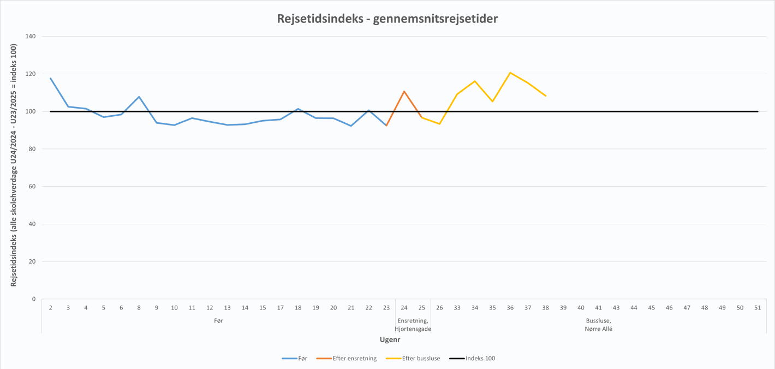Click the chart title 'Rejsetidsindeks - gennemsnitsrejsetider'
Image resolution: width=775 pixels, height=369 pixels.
(x=387, y=19)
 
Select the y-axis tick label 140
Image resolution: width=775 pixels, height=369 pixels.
(x=31, y=37)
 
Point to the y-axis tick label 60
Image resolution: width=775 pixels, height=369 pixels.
(x=32, y=187)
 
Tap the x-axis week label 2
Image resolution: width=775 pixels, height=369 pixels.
(x=50, y=308)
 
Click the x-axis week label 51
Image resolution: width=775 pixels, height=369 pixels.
(x=758, y=308)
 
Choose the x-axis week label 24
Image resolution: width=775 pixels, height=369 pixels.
(x=404, y=308)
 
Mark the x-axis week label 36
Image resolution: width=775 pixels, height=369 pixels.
(x=510, y=308)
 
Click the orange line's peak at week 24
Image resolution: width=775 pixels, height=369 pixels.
(x=404, y=91)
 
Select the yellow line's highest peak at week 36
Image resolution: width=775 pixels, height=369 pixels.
(x=510, y=73)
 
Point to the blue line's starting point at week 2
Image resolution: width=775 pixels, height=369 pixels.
(x=50, y=78)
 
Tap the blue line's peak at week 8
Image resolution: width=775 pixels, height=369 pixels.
(x=139, y=97)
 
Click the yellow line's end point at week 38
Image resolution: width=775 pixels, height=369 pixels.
(x=546, y=96)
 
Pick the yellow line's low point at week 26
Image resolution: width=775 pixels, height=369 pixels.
(x=439, y=124)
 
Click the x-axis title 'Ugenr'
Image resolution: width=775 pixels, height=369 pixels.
(x=390, y=340)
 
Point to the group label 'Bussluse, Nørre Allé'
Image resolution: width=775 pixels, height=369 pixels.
(x=598, y=325)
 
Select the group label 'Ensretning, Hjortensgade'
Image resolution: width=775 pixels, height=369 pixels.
(x=413, y=325)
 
